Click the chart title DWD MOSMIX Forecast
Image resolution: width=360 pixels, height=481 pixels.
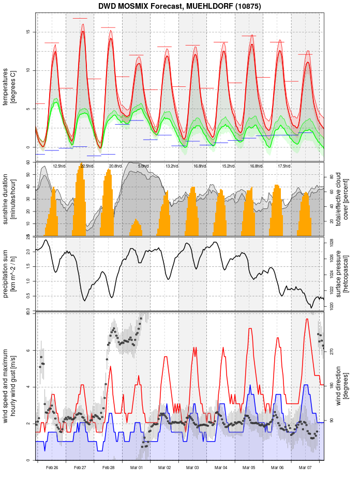(179, 6)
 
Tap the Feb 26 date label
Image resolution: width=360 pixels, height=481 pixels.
(52, 468)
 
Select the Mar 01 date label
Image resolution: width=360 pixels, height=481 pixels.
(137, 468)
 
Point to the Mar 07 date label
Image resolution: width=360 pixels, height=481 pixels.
(306, 468)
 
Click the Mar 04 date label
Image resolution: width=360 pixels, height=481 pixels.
(221, 468)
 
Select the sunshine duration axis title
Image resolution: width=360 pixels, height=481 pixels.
(9, 200)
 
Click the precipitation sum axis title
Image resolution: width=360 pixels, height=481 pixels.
(9, 274)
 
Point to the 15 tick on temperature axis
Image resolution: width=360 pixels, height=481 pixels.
(27, 32)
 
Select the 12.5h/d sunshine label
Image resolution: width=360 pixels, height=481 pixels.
(59, 166)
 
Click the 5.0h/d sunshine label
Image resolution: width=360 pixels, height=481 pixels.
(143, 166)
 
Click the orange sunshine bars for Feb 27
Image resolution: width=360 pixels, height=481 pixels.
(79, 202)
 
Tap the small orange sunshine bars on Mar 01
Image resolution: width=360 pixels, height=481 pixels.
(136, 228)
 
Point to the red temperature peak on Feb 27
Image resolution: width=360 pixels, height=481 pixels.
(82, 32)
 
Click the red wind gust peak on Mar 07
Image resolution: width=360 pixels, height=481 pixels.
(307, 320)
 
